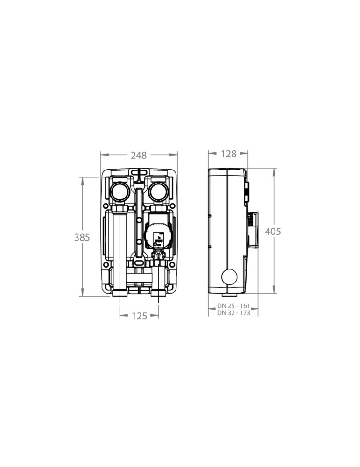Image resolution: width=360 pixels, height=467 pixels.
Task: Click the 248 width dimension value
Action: point(139,156)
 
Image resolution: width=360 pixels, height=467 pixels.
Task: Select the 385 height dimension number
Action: point(82,237)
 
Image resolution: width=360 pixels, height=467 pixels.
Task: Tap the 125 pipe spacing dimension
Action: point(139,316)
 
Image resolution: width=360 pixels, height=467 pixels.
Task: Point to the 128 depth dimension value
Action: point(228,154)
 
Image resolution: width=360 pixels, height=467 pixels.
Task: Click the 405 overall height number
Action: point(273,232)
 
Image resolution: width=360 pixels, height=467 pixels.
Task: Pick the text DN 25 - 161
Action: point(233,306)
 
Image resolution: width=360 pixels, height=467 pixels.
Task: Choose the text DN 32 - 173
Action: point(233,313)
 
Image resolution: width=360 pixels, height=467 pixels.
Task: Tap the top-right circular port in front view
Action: point(158,191)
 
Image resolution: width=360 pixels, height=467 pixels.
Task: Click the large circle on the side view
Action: point(229,277)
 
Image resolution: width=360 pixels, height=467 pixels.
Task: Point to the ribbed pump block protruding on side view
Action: point(252,230)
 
